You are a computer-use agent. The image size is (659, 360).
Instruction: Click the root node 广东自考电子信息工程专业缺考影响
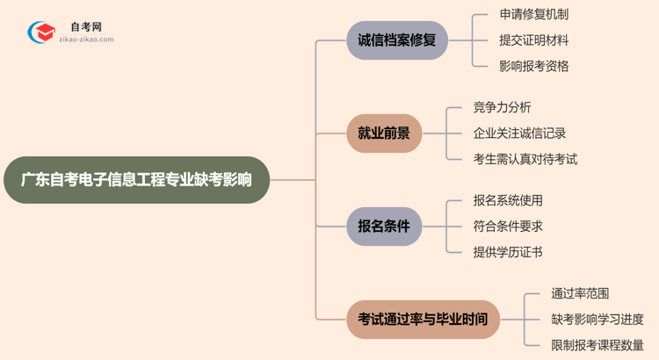coord(135,180)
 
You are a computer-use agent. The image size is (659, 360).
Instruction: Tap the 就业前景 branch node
coord(384,133)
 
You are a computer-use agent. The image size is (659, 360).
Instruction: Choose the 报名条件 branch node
coord(384,226)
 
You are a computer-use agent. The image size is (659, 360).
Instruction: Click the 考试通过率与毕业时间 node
coord(423,319)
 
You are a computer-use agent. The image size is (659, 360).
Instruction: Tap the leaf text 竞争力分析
coord(502,107)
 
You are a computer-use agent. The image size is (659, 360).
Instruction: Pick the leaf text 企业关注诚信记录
coord(519,133)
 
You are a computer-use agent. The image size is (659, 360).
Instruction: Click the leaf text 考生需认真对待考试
coord(525,159)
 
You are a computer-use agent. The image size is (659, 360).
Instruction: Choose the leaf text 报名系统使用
coord(508,200)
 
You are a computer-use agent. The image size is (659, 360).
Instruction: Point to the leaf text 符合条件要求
coord(508,226)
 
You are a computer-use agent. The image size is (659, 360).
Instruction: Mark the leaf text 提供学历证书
coord(508,252)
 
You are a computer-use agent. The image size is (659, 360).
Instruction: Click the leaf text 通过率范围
coord(580,293)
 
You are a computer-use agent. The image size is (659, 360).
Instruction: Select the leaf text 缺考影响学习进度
coord(597,319)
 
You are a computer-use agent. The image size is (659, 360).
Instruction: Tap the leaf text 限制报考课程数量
coord(597,345)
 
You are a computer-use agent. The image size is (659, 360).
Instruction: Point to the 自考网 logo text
coord(85,27)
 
